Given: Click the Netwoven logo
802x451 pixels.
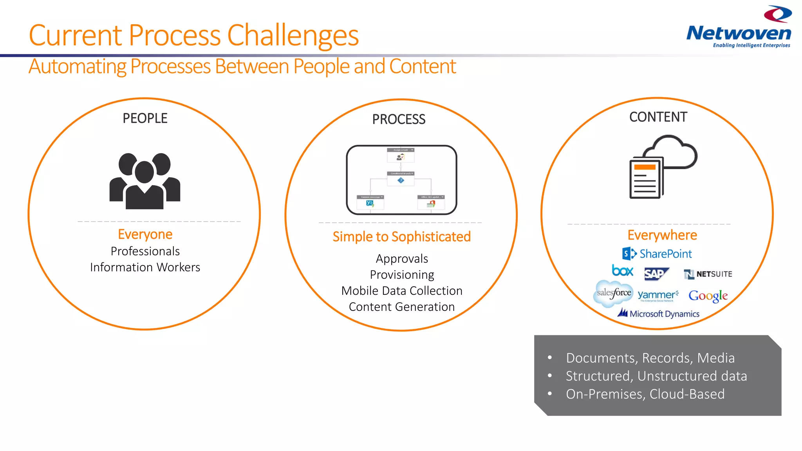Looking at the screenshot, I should pyautogui.click(x=739, y=27).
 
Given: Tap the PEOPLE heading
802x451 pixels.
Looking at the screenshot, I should pyautogui.click(x=145, y=118).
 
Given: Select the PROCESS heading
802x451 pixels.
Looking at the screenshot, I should pyautogui.click(x=399, y=119).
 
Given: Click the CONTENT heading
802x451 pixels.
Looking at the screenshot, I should pyautogui.click(x=658, y=117).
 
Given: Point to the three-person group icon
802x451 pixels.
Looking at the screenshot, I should pyautogui.click(x=145, y=181).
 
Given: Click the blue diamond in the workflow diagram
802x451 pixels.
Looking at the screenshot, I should pyautogui.click(x=401, y=180).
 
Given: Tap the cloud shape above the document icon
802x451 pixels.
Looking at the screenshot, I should pyautogui.click(x=672, y=153).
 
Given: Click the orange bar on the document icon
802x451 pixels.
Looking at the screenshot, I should pyautogui.click(x=645, y=167).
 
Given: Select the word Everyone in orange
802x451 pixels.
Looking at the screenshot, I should pyautogui.click(x=145, y=234).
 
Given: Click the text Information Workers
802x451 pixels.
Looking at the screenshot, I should pyautogui.click(x=145, y=267).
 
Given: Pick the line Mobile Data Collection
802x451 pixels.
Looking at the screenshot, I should pyautogui.click(x=402, y=291).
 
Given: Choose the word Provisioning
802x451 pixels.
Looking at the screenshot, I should pyautogui.click(x=402, y=275).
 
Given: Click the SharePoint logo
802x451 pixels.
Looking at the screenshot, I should pyautogui.click(x=657, y=254).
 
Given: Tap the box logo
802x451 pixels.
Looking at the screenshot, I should pyautogui.click(x=622, y=271).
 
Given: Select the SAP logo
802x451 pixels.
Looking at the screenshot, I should pyautogui.click(x=656, y=274).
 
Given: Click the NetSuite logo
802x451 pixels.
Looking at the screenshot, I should pyautogui.click(x=708, y=274).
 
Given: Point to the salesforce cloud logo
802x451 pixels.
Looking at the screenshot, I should pyautogui.click(x=614, y=293).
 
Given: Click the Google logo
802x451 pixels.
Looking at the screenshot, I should pyautogui.click(x=708, y=296).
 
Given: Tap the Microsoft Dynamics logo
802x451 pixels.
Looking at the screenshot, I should pyautogui.click(x=659, y=314).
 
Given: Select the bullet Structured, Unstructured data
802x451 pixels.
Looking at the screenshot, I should pyautogui.click(x=656, y=376).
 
